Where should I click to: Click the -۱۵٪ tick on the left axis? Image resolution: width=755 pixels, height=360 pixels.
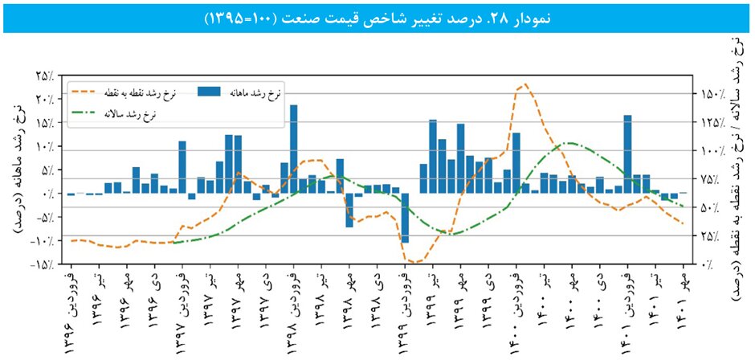tap(42, 264)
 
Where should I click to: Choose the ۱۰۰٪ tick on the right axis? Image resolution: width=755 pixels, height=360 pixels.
tap(711, 151)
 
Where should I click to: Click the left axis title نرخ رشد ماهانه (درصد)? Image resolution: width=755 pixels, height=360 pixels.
tap(18, 170)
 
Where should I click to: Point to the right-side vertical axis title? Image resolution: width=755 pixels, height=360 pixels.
tap(737, 169)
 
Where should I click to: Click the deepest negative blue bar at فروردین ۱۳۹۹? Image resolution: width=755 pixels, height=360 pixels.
tap(406, 218)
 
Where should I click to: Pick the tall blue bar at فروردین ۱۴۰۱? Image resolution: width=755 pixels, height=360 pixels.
tap(627, 153)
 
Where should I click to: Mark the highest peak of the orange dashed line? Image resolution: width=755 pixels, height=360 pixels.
tap(525, 84)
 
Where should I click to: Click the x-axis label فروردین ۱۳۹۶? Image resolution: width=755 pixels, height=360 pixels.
tap(71, 310)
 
